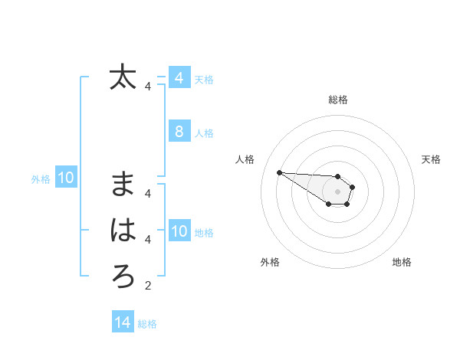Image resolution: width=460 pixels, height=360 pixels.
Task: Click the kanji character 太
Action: point(123,77)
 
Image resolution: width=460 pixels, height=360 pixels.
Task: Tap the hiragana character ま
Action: point(123,185)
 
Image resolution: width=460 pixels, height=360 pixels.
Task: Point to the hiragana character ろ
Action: point(123,277)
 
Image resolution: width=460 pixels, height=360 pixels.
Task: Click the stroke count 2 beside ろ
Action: point(148,286)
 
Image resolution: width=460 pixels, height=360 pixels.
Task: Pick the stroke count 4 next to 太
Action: point(148,87)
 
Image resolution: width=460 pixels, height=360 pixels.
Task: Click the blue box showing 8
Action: point(179,132)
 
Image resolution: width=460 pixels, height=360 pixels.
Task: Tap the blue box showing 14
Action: point(123,322)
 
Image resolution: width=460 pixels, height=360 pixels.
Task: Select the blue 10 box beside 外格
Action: point(65,178)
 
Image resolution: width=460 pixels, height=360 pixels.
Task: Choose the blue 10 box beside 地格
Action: point(179,231)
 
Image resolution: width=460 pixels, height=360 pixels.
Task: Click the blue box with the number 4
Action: point(179,78)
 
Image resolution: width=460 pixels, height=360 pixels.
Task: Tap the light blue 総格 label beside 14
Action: point(147,324)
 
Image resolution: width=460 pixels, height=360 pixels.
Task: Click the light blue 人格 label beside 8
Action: point(204,133)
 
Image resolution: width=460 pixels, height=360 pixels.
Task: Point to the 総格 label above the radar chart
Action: point(338,100)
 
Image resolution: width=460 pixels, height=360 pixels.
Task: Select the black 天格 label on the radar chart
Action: point(431,159)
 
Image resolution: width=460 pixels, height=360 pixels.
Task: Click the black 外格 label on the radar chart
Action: point(270,262)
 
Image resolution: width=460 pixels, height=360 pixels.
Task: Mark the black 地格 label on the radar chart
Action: point(402,262)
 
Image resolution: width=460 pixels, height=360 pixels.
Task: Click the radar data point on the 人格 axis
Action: point(279,172)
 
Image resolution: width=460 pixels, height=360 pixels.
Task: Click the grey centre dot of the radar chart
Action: point(338,191)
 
